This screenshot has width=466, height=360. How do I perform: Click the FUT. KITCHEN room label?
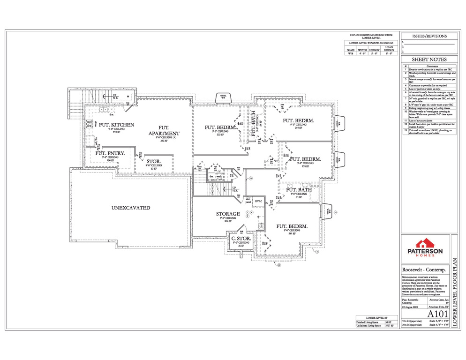[116, 125]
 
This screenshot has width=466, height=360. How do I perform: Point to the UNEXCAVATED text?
[131, 208]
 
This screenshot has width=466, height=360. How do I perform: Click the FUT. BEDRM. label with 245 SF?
[292, 226]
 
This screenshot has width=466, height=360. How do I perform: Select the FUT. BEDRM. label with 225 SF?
[220, 127]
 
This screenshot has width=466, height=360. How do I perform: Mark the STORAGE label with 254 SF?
[228, 214]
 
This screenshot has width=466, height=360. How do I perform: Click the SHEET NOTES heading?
[429, 60]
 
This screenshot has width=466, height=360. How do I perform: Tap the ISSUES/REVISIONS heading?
[429, 36]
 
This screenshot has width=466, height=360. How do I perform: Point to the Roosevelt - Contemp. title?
[424, 270]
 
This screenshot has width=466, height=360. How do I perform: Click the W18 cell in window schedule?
[350, 54]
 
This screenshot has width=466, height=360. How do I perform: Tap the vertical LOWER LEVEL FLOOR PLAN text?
[454, 291]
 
